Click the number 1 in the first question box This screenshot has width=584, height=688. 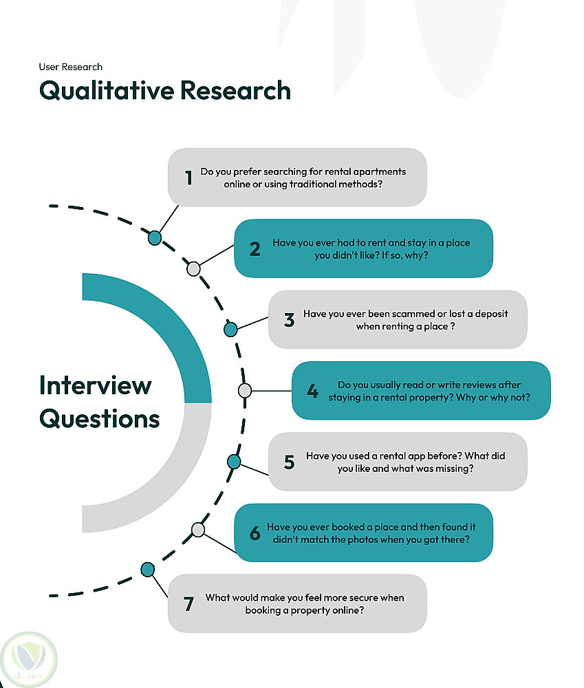coord(188,178)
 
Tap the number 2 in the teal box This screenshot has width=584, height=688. coord(255,249)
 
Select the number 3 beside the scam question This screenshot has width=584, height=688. coord(289,320)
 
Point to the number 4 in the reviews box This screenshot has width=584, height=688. coord(312,391)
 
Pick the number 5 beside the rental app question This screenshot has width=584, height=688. coord(289,462)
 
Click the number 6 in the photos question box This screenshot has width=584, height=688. coord(255,533)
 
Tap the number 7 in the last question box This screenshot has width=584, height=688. coord(188,604)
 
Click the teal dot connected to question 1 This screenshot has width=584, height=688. coord(155,238)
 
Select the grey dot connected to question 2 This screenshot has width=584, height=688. coord(193,269)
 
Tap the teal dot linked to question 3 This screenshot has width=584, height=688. coord(230,329)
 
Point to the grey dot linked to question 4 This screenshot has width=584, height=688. coord(245,390)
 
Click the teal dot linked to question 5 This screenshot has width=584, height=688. coord(234,462)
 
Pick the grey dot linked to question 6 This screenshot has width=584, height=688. coord(198,530)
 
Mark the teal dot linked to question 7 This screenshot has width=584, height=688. coord(148,570)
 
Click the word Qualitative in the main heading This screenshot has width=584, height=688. coord(107,91)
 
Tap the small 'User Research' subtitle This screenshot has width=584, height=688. coord(71,67)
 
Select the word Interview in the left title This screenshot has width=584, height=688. coord(95,385)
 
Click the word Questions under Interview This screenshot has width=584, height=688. coord(100,418)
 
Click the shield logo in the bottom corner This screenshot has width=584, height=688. coord(28,660)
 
